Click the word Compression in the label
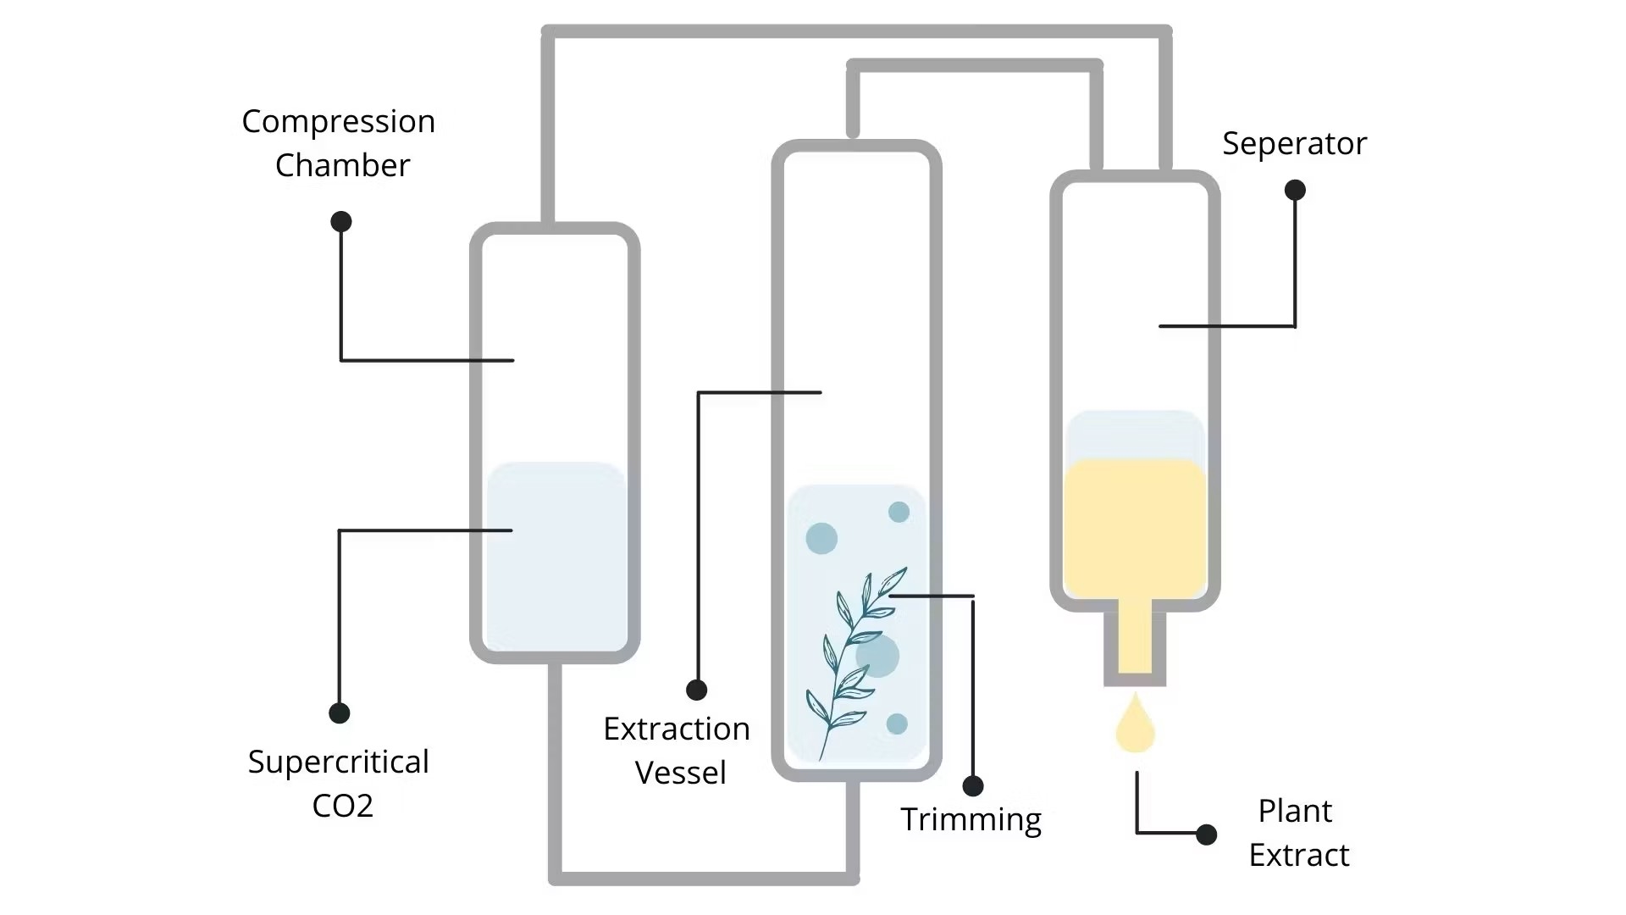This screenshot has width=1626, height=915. pyautogui.click(x=338, y=122)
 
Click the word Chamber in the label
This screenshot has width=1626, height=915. pyautogui.click(x=342, y=165)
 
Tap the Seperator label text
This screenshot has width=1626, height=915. pyautogui.click(x=1294, y=144)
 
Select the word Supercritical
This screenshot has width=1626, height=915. pyautogui.click(x=339, y=762)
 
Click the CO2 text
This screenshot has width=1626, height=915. pyautogui.click(x=342, y=805)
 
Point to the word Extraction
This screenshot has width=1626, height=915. pyautogui.click(x=677, y=729)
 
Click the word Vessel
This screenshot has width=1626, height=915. pyautogui.click(x=681, y=773)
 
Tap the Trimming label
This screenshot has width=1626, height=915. pyautogui.click(x=971, y=819)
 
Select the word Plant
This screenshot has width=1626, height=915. pyautogui.click(x=1295, y=811)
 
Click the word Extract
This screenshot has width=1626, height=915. pyautogui.click(x=1299, y=855)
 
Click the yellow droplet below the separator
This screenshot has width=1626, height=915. pyautogui.click(x=1135, y=728)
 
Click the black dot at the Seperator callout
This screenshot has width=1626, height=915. pyautogui.click(x=1295, y=190)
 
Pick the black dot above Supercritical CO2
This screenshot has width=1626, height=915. pyautogui.click(x=340, y=713)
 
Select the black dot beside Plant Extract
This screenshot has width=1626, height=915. pyautogui.click(x=1207, y=835)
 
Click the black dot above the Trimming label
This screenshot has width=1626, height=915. pyautogui.click(x=973, y=786)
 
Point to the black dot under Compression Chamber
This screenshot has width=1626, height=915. pyautogui.click(x=341, y=222)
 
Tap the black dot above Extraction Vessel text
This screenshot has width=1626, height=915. pyautogui.click(x=697, y=690)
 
